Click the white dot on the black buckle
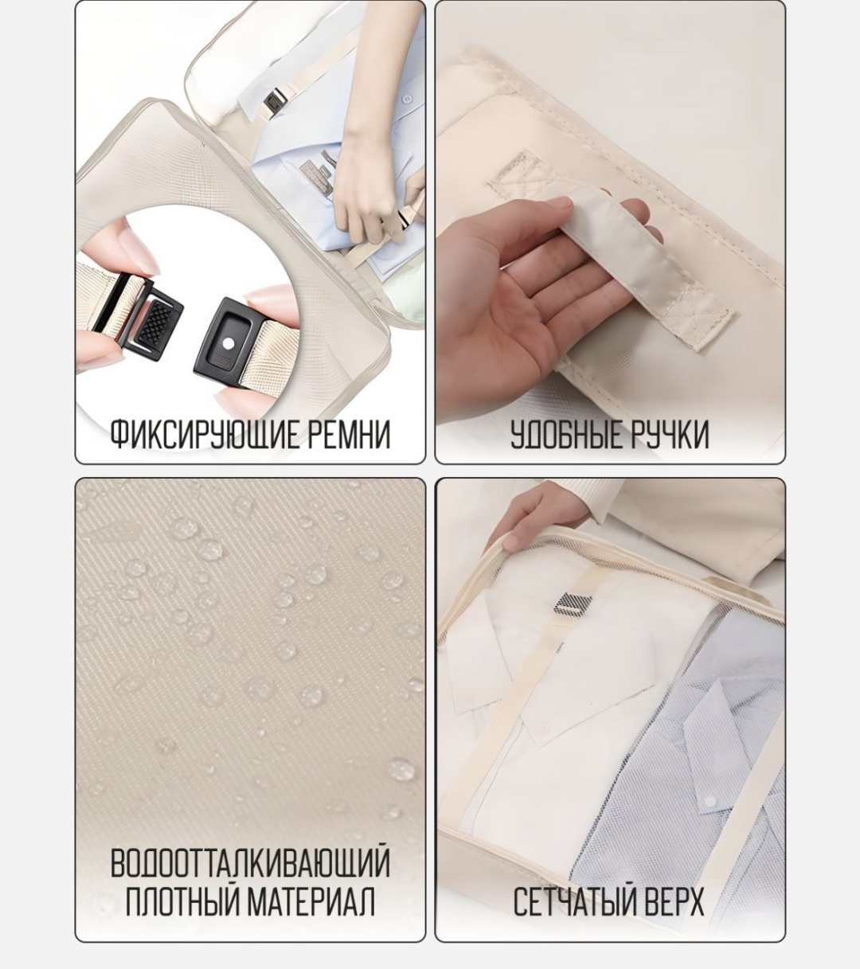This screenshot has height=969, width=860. coord(229,343)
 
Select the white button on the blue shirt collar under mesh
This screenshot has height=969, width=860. coord(710,801)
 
